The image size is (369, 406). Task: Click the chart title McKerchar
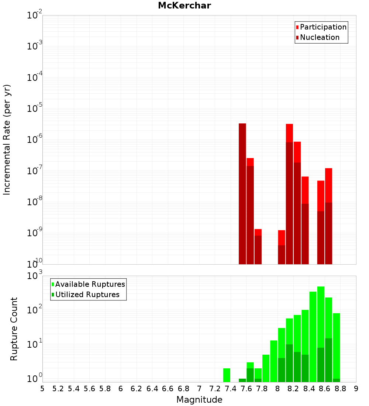tap(184, 6)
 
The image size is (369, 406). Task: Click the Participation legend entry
tap(323, 27)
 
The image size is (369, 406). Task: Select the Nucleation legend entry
tap(320, 37)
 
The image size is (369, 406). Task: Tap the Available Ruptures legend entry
tap(90, 284)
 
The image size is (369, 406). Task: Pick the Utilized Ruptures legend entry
tap(87, 295)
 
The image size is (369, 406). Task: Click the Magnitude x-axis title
tap(199, 400)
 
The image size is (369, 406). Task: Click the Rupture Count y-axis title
tap(14, 328)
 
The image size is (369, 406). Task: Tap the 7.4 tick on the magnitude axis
tap(231, 389)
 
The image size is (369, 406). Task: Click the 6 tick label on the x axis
tap(121, 389)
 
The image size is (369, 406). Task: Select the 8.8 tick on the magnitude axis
tap(341, 389)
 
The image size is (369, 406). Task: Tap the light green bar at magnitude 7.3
tap(227, 375)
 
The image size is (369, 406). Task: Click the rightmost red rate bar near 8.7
tap(329, 214)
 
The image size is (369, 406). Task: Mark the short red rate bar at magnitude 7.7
tap(258, 246)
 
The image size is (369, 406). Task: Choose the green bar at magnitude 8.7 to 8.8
tap(337, 347)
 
